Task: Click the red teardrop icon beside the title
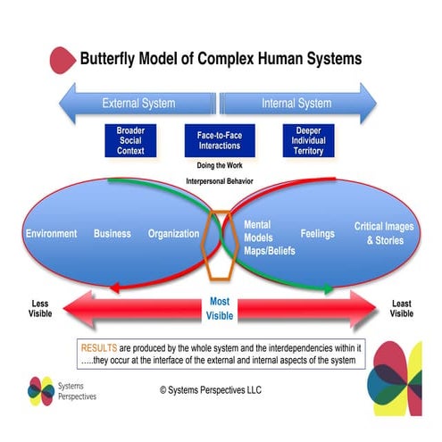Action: (x=63, y=60)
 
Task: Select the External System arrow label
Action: (x=138, y=104)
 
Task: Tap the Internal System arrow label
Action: (x=296, y=104)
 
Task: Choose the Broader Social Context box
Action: (x=130, y=140)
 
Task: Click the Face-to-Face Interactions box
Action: (x=220, y=140)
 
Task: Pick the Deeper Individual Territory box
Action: (x=308, y=140)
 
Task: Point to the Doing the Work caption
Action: (x=220, y=165)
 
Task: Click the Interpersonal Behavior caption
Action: (x=220, y=181)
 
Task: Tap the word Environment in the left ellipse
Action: (x=51, y=234)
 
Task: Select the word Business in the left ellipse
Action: (x=113, y=234)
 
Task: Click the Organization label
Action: (x=173, y=234)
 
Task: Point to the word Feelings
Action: (x=318, y=234)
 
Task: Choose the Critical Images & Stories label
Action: (x=384, y=233)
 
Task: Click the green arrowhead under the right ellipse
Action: (x=329, y=288)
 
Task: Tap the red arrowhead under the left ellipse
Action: (x=115, y=288)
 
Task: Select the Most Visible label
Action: (x=220, y=309)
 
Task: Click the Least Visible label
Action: (x=402, y=308)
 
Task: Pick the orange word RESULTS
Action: (x=99, y=348)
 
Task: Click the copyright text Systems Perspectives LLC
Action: (x=211, y=390)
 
